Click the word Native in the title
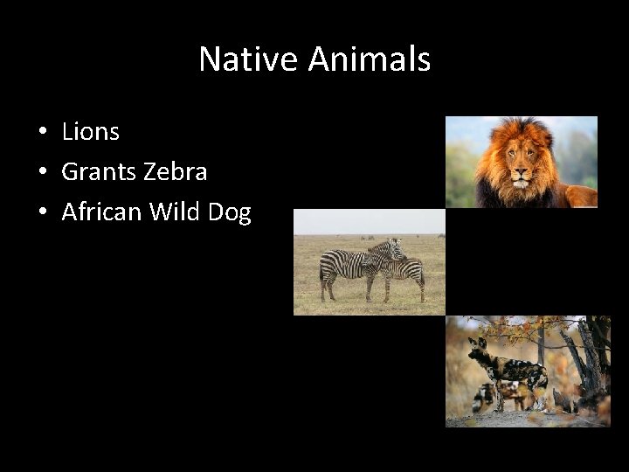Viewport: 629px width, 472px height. pos(249,59)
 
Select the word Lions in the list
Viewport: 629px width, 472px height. pos(90,132)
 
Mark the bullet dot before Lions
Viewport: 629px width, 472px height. pos(41,133)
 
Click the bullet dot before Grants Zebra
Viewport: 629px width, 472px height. pos(41,173)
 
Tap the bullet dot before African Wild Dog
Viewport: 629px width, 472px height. pos(41,213)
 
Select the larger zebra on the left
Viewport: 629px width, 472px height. pos(349,264)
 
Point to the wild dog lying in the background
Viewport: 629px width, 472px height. pos(489,398)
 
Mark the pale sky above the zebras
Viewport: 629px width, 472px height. pos(367,220)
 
